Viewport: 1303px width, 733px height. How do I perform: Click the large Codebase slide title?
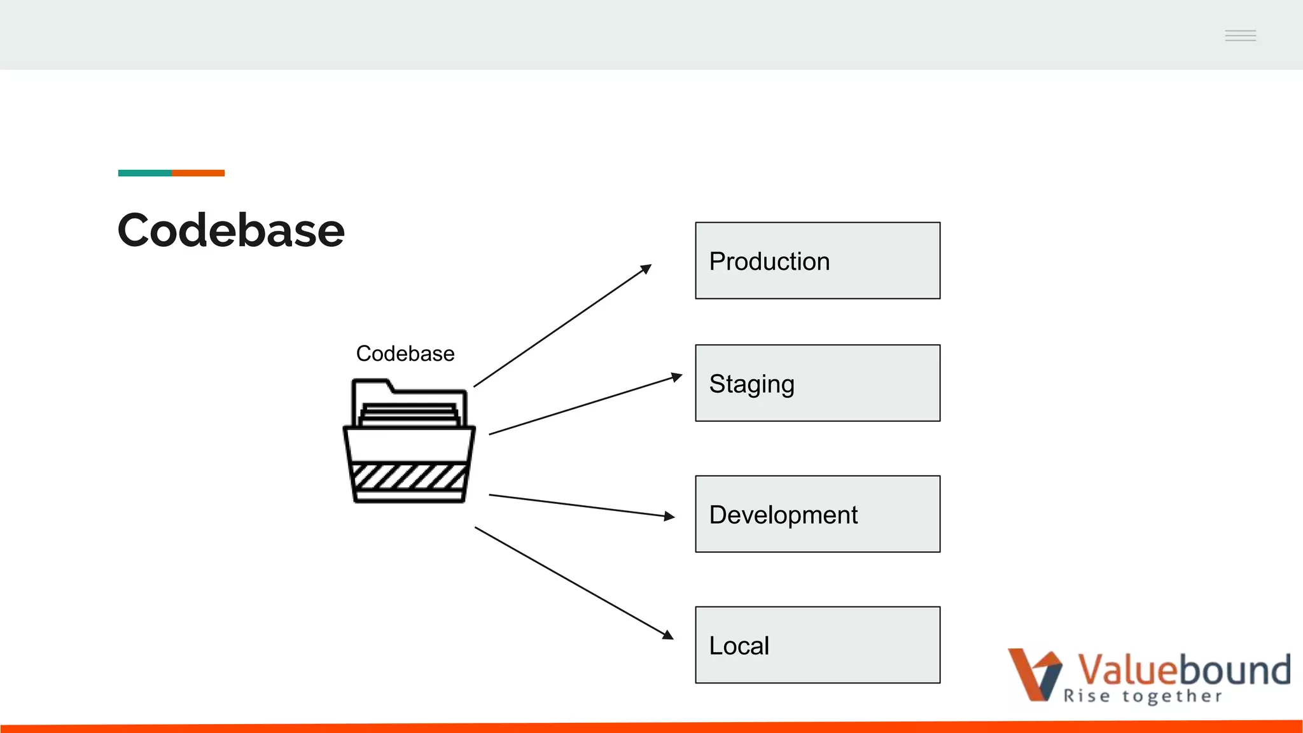231,230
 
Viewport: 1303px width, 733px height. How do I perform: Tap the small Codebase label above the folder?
405,354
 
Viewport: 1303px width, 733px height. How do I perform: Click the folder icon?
409,442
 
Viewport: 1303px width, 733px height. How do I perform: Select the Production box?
818,261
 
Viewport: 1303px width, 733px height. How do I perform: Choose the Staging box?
818,383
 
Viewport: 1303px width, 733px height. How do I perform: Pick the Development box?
818,514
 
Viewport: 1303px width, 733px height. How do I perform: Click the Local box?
818,645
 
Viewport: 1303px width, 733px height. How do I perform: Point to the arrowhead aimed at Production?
646,269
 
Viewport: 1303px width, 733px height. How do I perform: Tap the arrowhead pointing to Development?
669,516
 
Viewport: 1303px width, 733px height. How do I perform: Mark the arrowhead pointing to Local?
668,634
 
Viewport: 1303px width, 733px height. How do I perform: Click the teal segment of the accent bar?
144,173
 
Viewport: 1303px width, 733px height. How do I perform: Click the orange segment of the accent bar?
198,173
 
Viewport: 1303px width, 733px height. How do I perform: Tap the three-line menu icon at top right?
1240,36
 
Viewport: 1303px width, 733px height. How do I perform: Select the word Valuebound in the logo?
1183,669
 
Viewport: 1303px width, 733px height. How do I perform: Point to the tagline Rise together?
1143,696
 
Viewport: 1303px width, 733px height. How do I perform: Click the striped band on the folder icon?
409,476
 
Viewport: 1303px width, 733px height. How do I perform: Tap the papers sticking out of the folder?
409,414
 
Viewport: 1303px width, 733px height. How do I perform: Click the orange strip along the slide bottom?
651,727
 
